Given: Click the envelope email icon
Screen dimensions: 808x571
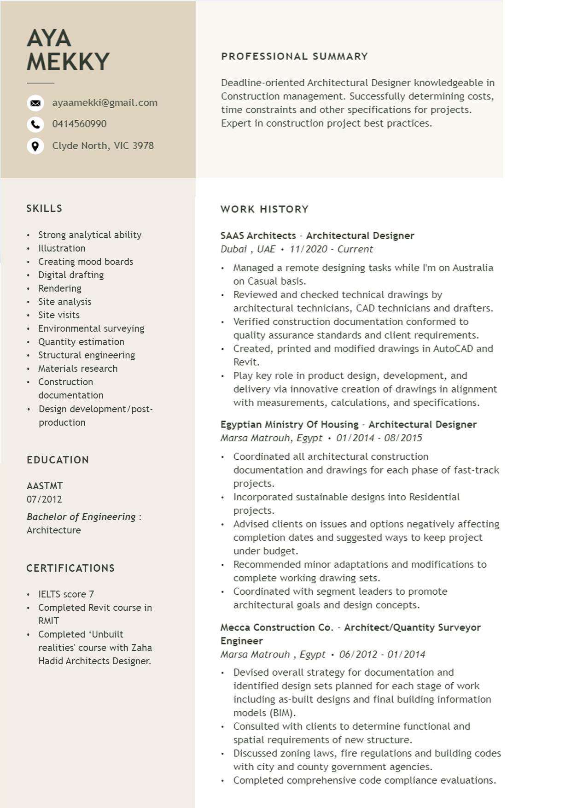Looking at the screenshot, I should pos(35,103).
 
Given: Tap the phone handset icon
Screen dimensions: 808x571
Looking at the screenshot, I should pos(35,124).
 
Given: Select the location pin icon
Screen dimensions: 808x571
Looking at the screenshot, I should pos(35,146).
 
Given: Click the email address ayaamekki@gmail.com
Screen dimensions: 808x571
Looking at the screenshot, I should pos(105,103).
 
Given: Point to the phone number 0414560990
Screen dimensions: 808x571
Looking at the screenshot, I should pos(79,124).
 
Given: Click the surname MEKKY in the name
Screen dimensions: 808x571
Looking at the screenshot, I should pos(68,62).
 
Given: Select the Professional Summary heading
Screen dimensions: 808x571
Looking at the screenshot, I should pos(294,56).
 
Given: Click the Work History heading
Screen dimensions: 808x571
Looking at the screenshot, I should pos(264,209).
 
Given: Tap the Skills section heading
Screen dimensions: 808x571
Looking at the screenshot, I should pos(44,208).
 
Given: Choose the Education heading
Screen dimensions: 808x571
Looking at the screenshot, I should pos(58,460).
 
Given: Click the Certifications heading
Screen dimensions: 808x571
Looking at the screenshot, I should pos(70,568).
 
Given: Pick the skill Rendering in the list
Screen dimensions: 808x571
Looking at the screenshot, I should pos(60,288).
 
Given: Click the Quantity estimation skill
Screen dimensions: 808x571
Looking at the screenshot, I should pos(81,342).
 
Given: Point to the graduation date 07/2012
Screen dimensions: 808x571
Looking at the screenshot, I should pos(44,499).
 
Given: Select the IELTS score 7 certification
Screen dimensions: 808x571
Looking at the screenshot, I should pos(66,594).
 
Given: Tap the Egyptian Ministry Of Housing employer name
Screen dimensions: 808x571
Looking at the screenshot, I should pos(289,424).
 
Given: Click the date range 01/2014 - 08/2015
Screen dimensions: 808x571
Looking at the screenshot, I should pos(379,438).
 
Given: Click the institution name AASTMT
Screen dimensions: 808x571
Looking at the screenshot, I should pos(45,486).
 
